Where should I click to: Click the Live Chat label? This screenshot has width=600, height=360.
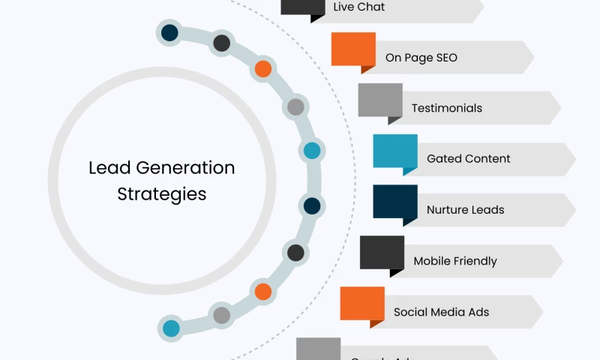pyautogui.click(x=359, y=7)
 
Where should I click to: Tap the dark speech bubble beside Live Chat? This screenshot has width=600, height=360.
pyautogui.click(x=303, y=7)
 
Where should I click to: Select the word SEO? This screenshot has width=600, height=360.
pyautogui.click(x=445, y=58)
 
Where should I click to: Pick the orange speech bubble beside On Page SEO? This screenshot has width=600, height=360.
pyautogui.click(x=353, y=49)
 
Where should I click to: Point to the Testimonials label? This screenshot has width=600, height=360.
pyautogui.click(x=447, y=108)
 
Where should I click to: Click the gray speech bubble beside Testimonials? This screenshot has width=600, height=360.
pyautogui.click(x=380, y=100)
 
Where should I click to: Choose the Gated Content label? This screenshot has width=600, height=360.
pyautogui.click(x=469, y=159)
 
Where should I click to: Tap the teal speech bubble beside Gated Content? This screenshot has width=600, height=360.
pyautogui.click(x=395, y=151)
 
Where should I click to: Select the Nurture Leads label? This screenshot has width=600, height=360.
pyautogui.click(x=466, y=210)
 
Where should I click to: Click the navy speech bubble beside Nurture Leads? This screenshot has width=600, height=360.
pyautogui.click(x=395, y=202)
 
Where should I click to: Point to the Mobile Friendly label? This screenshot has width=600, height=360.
pyautogui.click(x=455, y=261)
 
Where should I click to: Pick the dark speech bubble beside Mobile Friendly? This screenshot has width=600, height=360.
pyautogui.click(x=382, y=253)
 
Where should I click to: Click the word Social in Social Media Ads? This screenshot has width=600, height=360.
pyautogui.click(x=409, y=312)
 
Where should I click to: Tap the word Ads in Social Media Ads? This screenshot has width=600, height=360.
pyautogui.click(x=478, y=312)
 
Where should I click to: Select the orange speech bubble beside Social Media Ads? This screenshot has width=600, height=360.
pyautogui.click(x=362, y=304)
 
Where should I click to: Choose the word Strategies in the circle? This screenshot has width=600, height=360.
pyautogui.click(x=162, y=194)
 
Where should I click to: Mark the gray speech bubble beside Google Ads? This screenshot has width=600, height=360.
pyautogui.click(x=319, y=349)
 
